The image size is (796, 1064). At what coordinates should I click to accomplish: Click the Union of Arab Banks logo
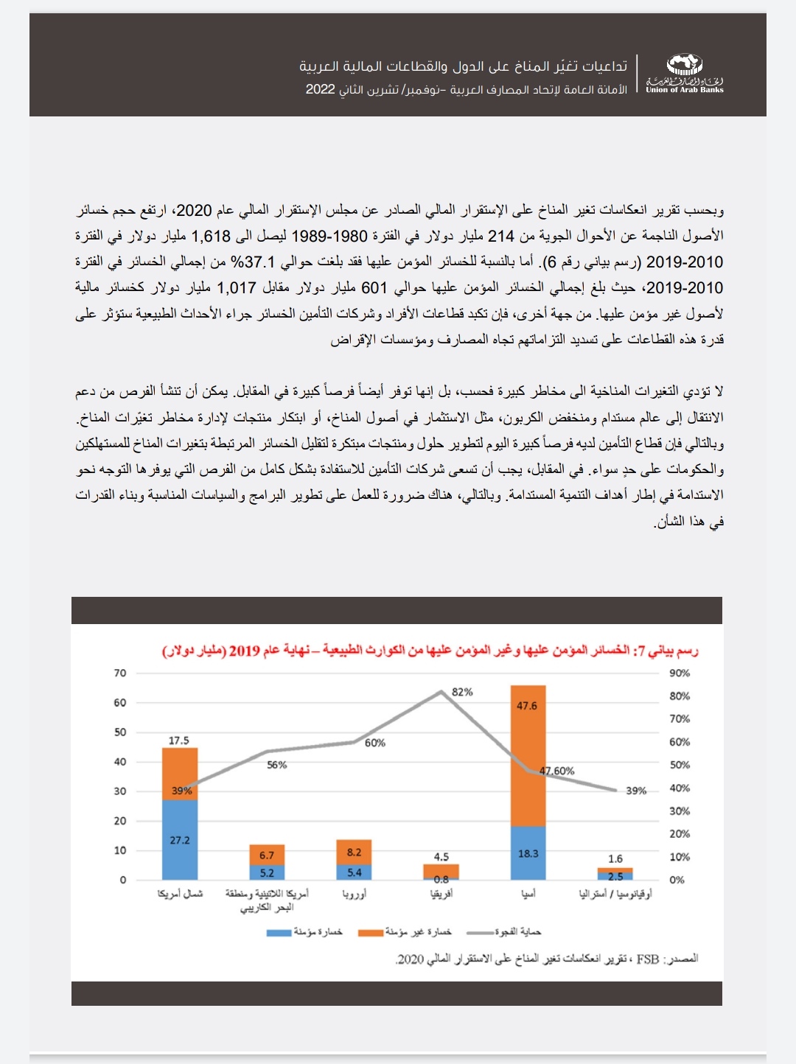coord(685,74)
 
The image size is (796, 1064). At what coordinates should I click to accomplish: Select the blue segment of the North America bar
coord(180,840)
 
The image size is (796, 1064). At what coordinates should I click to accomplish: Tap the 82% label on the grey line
coord(462,692)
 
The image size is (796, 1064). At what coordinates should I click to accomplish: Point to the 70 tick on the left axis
coord(120,673)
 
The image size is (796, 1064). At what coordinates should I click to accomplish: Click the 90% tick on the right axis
coord(680,673)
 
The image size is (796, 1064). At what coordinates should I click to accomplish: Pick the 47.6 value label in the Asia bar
coord(527,705)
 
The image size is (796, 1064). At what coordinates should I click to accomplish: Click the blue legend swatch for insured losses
coord(279,933)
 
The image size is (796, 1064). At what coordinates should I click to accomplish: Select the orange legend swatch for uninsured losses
coord(371,933)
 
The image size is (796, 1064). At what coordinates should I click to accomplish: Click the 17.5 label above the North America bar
coord(179,740)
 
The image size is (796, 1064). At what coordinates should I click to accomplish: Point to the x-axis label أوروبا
coord(354,894)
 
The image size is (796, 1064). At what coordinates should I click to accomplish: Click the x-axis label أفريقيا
coord(441,894)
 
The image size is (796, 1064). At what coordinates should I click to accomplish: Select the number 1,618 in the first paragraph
coord(212,236)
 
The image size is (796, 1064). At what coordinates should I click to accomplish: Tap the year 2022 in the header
coord(321,89)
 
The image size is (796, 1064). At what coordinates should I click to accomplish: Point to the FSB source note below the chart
coord(546,959)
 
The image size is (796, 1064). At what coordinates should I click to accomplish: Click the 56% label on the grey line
coord(277,765)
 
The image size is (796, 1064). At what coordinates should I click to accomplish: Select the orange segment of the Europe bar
coord(354,853)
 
